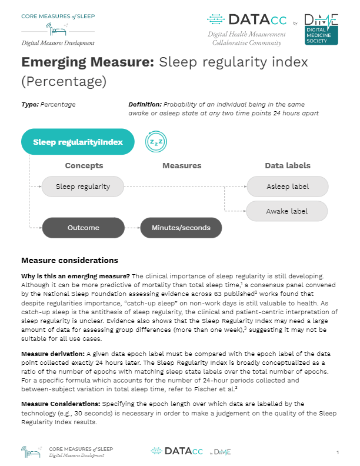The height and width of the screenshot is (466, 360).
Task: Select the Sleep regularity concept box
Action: (83, 187)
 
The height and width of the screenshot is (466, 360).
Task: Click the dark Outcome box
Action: (83, 227)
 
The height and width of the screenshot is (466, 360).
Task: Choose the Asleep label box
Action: (287, 187)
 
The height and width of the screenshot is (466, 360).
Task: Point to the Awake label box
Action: (287, 211)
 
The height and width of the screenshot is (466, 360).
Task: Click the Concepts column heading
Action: (84, 166)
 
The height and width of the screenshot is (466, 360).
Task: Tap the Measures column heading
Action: (182, 166)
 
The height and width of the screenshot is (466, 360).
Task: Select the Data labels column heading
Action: (287, 166)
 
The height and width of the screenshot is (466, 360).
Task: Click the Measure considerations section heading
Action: (69, 260)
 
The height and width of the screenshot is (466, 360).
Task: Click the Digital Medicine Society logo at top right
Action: (320, 28)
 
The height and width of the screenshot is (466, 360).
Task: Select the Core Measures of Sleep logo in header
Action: (58, 27)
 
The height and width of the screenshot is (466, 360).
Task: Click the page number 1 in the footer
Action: (338, 452)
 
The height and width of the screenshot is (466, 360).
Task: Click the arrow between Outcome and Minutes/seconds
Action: (132, 227)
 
